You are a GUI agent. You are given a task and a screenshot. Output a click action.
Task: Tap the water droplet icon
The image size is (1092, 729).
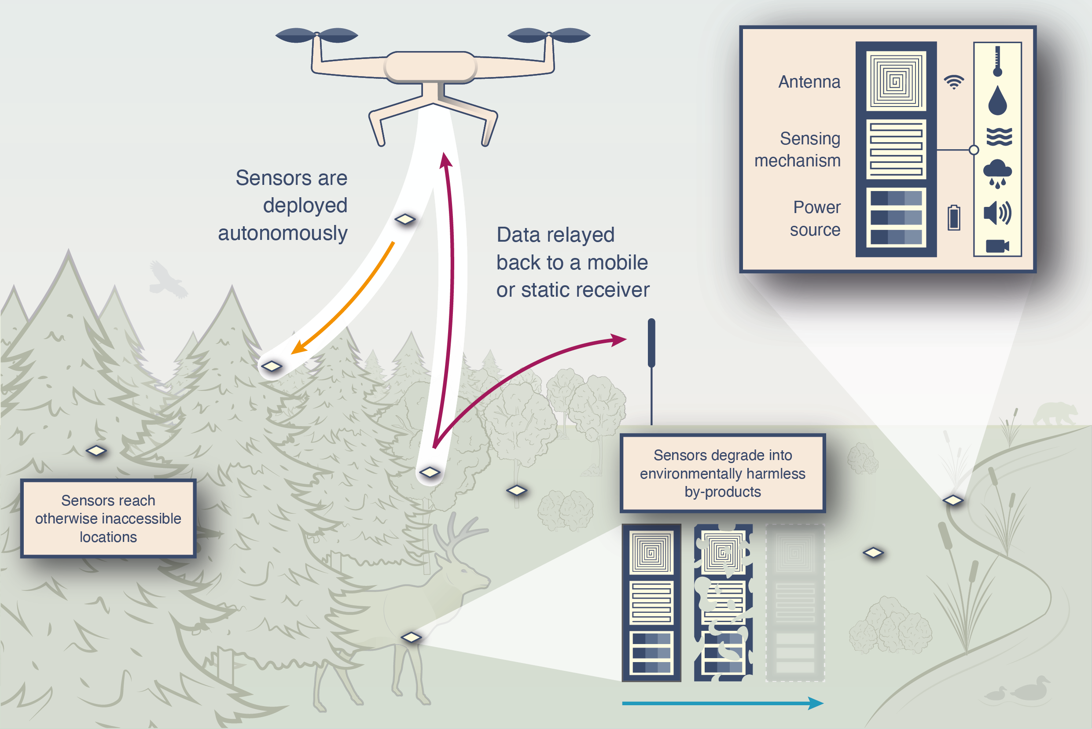coord(997,100)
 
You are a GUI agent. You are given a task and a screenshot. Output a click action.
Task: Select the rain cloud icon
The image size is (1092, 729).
coord(997,173)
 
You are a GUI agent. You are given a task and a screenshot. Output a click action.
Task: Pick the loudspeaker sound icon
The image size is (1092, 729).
coord(997,213)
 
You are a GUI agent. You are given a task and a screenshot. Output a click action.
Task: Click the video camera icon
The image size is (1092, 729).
coord(997,246)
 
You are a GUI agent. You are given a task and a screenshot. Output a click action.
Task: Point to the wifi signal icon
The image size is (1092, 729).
coord(954,82)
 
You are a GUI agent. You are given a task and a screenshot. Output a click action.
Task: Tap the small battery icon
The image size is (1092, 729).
coord(954,217)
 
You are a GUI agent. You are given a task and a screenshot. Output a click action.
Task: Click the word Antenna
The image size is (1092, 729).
coord(809,82)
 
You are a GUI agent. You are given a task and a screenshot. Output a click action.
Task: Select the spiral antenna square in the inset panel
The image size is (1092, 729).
coord(896,81)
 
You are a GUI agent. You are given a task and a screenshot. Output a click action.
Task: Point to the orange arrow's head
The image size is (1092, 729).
coord(298,349)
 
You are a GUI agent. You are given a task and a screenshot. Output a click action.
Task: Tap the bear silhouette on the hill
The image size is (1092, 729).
coord(1055,413)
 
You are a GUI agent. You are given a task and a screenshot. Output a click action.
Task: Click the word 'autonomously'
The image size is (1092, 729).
coord(283,233)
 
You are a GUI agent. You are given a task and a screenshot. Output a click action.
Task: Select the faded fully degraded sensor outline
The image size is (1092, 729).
coord(795,603)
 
